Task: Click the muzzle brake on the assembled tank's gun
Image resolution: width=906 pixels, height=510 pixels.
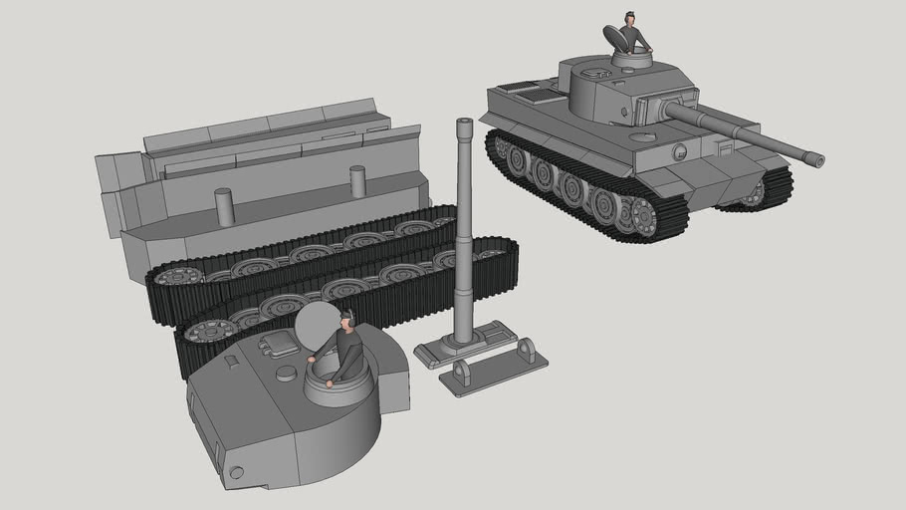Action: pos(814,158)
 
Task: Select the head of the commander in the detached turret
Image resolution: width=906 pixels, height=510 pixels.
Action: pos(346,320)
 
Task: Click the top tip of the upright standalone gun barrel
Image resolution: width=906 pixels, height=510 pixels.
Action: pos(463,124)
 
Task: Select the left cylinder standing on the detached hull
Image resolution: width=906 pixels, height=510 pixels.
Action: pos(223,206)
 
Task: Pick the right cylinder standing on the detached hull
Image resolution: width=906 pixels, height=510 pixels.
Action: pos(357,181)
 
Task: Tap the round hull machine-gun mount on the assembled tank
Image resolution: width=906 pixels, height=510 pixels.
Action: pos(680,152)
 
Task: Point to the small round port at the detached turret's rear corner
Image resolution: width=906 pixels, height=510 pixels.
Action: pos(236,472)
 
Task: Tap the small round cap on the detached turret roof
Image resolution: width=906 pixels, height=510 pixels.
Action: pos(286,373)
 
